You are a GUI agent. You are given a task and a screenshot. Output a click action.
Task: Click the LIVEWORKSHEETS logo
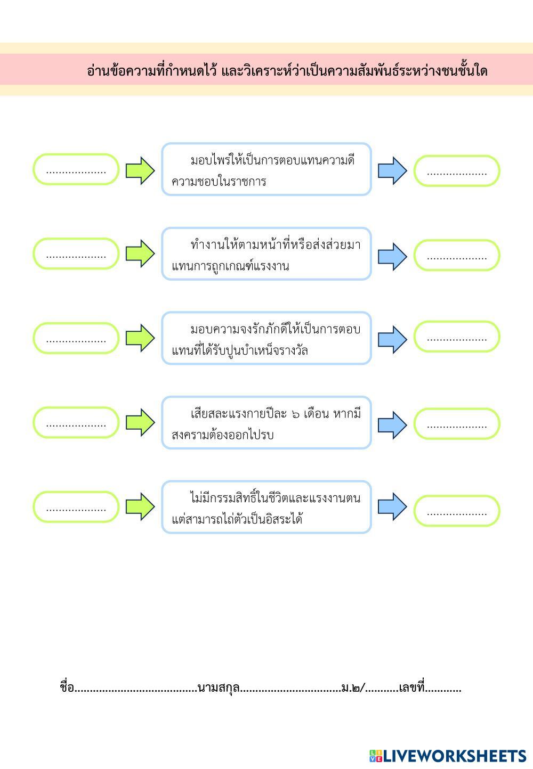coord(448,756)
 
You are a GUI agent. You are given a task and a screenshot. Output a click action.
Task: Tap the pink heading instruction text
coord(287,70)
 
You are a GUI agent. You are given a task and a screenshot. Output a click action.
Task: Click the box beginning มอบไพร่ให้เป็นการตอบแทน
coord(266,169)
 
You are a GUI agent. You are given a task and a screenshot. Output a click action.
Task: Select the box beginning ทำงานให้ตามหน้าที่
coord(266,253)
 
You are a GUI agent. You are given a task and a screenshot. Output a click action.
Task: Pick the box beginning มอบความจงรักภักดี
coord(266,338)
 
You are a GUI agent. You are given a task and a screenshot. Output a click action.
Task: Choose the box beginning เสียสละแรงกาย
coord(266,422)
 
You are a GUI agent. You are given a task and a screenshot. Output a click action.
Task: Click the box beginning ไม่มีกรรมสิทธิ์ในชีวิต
coord(266,507)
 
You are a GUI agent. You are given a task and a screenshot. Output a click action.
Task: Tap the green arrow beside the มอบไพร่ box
coord(140,170)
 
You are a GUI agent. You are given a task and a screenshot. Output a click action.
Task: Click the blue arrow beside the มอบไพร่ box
coord(392,170)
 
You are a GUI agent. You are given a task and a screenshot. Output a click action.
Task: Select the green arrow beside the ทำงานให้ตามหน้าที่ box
coord(140,253)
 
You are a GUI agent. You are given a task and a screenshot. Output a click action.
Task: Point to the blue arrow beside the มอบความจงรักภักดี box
coord(392,339)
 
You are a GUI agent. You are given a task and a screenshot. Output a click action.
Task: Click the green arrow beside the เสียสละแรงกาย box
coord(140,423)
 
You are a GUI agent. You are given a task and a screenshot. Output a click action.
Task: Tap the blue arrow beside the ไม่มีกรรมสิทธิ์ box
coord(392,506)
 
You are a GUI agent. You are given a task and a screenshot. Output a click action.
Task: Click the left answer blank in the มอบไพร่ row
coord(76,170)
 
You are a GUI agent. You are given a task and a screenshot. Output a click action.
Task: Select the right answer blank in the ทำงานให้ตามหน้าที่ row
coord(457,256)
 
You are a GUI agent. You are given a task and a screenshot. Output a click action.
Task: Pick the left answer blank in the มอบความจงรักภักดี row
coord(76,338)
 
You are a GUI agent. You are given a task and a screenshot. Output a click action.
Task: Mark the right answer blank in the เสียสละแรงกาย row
coord(457,424)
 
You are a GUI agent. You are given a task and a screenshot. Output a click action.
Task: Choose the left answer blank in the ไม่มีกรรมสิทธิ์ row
coord(76,507)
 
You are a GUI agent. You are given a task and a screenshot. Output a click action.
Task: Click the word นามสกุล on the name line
coord(218,688)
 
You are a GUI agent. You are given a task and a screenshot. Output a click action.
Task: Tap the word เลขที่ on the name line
coord(411,688)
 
